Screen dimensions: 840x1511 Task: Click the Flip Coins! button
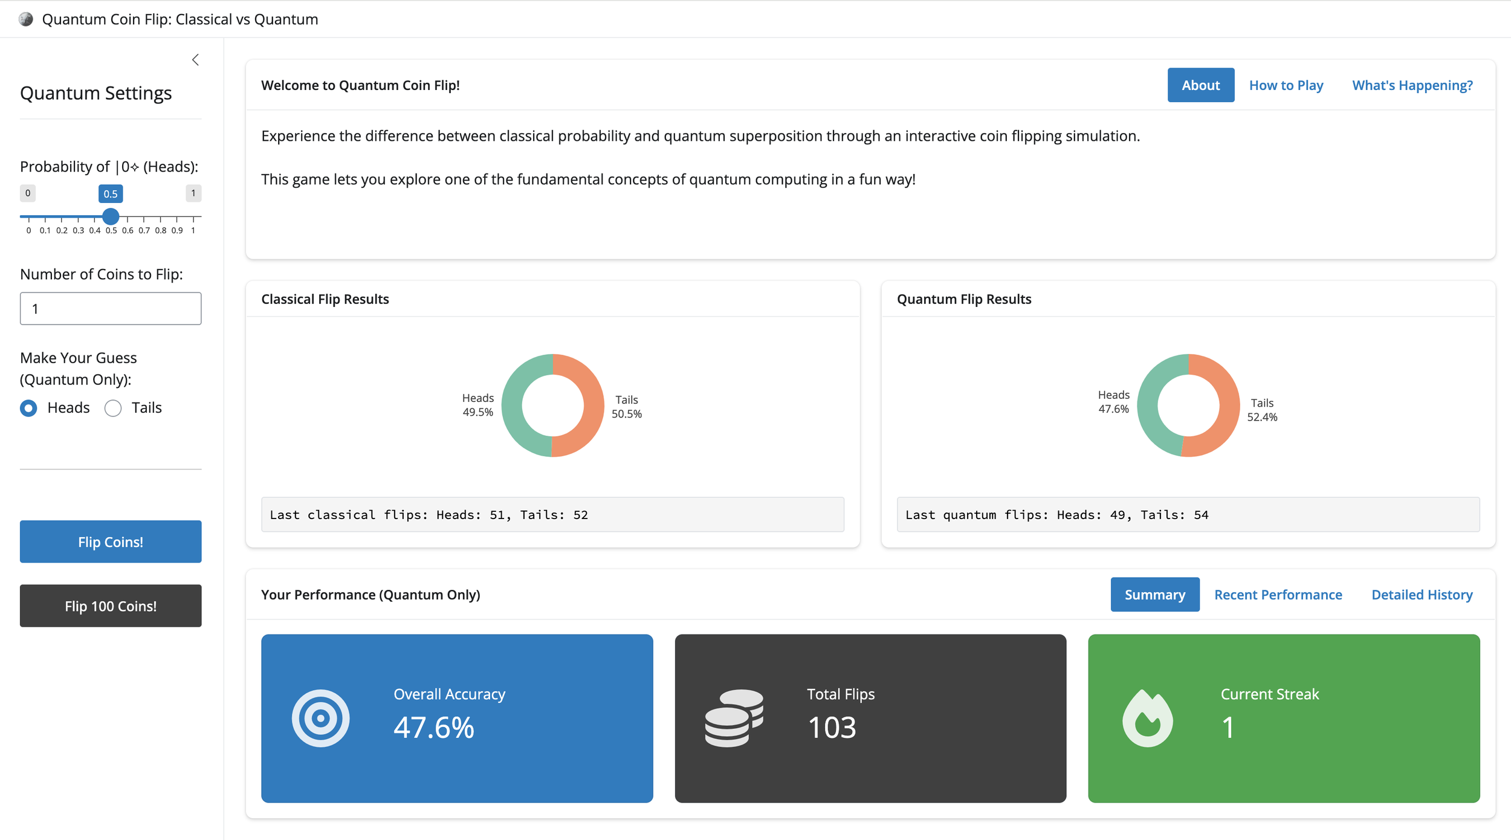coord(111,541)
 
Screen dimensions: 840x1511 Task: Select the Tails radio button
coord(113,409)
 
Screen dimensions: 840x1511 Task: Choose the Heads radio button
coord(28,409)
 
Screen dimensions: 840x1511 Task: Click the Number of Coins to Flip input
coord(111,309)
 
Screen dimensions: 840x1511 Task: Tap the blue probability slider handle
coord(111,216)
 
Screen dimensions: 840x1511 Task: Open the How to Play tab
coord(1286,85)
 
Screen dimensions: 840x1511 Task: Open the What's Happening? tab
coord(1412,85)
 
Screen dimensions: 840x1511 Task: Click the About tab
coord(1200,85)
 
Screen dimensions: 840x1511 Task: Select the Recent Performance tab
coord(1278,595)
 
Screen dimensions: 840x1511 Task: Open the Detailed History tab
coord(1422,595)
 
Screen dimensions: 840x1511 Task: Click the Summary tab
coord(1154,595)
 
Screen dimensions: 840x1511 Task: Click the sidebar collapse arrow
coord(195,60)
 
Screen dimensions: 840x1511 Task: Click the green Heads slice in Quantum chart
coord(1148,411)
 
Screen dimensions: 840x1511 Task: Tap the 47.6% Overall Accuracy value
coord(433,727)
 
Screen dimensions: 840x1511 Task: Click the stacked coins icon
coord(734,718)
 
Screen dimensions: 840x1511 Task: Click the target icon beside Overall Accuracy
coord(320,718)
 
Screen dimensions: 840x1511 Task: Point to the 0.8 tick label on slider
coord(160,231)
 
